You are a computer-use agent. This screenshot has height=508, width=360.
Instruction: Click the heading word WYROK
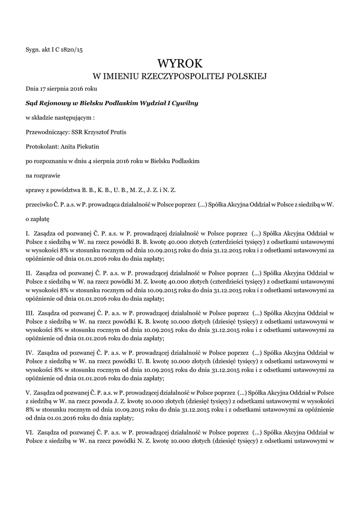(180, 63)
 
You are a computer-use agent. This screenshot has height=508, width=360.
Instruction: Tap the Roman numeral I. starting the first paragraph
(28, 233)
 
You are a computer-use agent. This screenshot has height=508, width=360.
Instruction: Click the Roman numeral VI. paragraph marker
(30, 432)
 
